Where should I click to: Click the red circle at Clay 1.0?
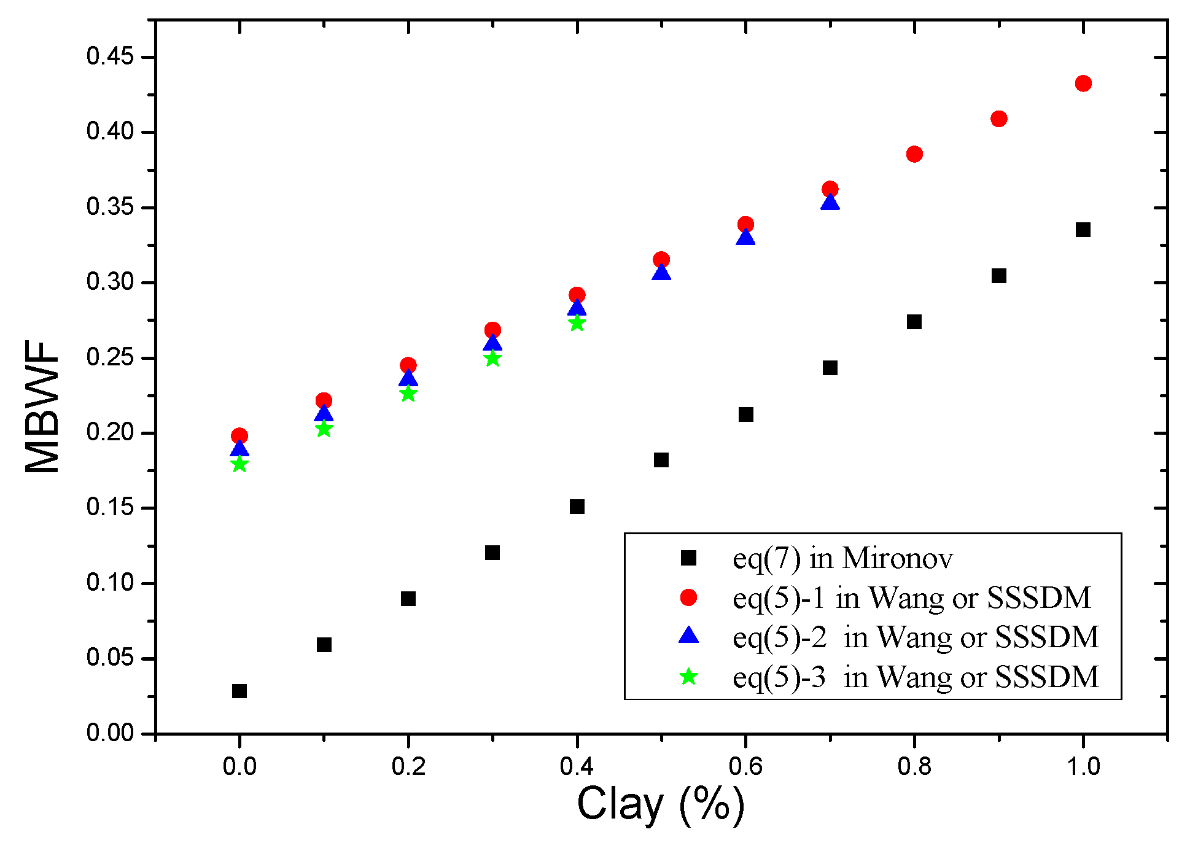[x=1083, y=84]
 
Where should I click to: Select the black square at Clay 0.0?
[x=239, y=691]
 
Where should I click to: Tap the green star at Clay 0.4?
[x=577, y=322]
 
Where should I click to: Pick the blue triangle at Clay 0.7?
[x=830, y=201]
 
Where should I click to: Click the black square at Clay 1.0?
[x=1083, y=230]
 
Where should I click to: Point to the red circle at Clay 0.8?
[x=914, y=154]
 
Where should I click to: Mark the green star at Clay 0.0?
[x=239, y=464]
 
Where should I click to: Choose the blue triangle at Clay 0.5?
[x=661, y=271]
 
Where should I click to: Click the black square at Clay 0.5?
[x=661, y=460]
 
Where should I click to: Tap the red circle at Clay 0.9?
[x=999, y=119]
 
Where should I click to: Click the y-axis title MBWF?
[x=43, y=406]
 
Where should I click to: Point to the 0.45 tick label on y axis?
[x=110, y=56]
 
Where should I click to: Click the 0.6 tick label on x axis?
[x=745, y=766]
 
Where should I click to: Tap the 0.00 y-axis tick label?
[x=110, y=733]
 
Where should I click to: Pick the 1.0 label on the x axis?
[x=1083, y=766]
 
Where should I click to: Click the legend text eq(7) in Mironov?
[x=843, y=558]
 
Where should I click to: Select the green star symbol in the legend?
[x=689, y=677]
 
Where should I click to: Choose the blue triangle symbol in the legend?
[x=689, y=635]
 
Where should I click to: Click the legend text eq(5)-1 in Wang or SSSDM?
[x=912, y=597]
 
